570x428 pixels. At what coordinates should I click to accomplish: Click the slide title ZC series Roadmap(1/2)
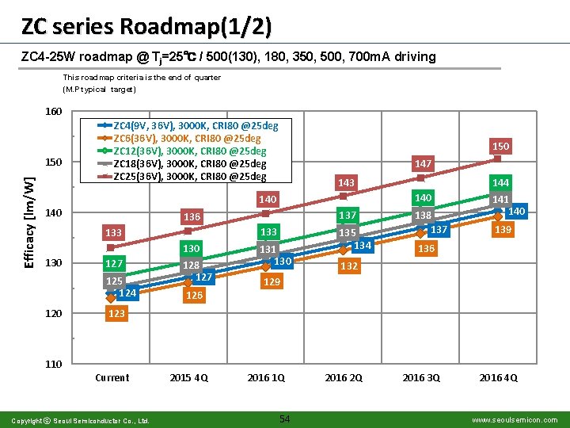[x=146, y=27]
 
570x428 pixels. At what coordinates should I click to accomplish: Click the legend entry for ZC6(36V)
[x=179, y=138]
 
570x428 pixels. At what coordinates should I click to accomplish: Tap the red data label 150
[x=500, y=147]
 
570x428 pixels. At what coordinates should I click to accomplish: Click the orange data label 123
[x=116, y=313]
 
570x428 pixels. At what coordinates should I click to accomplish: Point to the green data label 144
[x=500, y=182]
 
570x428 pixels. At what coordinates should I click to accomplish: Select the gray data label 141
[x=500, y=199]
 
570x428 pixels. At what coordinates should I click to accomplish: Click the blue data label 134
[x=363, y=246]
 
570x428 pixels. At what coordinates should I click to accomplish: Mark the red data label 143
[x=346, y=183]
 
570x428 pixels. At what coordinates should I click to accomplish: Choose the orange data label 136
[x=426, y=249]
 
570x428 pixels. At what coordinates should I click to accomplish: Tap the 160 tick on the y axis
[x=54, y=112]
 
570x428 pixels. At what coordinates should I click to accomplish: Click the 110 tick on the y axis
[x=54, y=364]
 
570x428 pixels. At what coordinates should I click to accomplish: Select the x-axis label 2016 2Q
[x=344, y=378]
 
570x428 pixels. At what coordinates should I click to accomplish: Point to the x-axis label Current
[x=112, y=378]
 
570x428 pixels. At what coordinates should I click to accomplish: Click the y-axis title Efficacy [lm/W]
[x=29, y=223]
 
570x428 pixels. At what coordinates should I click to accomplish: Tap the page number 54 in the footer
[x=285, y=419]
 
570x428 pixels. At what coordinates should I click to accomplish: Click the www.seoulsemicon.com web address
[x=515, y=420]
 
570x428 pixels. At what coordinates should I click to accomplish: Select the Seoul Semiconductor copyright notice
[x=80, y=421]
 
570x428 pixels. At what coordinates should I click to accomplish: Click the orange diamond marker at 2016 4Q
[x=499, y=216]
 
